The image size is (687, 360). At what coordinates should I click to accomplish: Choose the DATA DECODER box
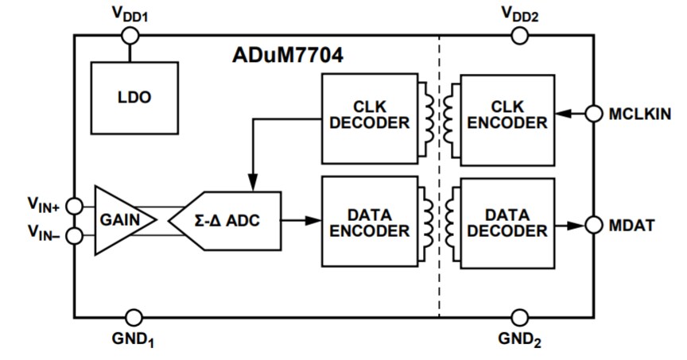[x=507, y=222]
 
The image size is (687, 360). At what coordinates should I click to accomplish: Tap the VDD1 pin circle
[x=130, y=35]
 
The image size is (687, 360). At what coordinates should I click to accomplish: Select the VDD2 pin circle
[x=519, y=35]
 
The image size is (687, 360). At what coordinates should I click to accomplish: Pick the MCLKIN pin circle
[x=593, y=114]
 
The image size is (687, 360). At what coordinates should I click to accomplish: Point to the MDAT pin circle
[x=593, y=224]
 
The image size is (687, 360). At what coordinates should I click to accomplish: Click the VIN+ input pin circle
[x=74, y=206]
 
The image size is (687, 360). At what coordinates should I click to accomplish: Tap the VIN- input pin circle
[x=74, y=236]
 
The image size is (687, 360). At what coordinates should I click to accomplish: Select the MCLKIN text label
[x=639, y=114]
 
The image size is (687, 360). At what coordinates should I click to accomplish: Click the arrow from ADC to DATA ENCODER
[x=301, y=220]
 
